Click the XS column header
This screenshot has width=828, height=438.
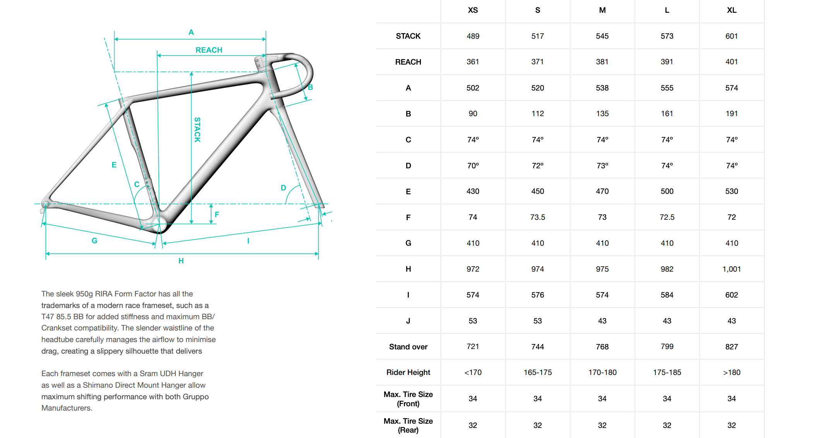pos(473,10)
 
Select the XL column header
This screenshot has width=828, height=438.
pos(732,10)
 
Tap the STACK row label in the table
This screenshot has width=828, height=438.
pos(408,36)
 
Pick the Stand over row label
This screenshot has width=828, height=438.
pos(408,347)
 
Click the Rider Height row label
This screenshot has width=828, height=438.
pos(408,372)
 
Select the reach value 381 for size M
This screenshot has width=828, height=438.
pos(602,62)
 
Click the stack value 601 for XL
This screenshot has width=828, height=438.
pos(732,36)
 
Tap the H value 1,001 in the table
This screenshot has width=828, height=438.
pos(732,269)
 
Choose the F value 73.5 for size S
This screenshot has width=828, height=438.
pos(538,217)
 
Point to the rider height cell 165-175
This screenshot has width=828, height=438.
pos(538,372)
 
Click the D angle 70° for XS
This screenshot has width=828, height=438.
pos(473,166)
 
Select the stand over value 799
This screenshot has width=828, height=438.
pos(667,347)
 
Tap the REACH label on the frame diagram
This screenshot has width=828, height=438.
pos(209,50)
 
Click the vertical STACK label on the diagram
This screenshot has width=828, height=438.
pos(197,130)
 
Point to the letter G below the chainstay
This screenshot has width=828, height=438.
pos(94,241)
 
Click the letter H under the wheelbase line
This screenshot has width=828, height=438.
pos(181,261)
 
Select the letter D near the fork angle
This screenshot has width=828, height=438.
pos(283,188)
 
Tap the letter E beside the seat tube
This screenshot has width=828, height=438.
pos(114,165)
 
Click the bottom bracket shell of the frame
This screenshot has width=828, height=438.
pos(159,224)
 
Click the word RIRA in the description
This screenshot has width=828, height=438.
pos(103,294)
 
